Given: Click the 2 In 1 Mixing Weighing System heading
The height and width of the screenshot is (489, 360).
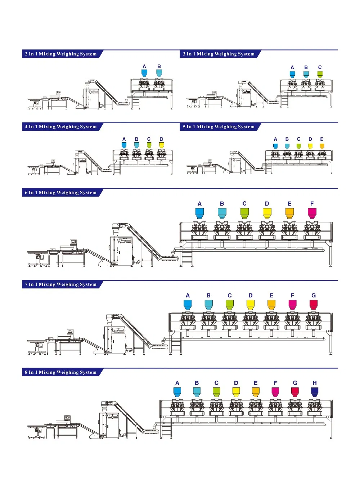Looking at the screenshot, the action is (x=61, y=54).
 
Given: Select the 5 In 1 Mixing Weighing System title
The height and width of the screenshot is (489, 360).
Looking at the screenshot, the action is (x=219, y=127).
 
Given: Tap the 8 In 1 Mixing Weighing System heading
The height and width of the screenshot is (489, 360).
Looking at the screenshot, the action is (x=61, y=372).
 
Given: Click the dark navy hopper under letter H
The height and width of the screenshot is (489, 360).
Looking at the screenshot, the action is (x=314, y=392).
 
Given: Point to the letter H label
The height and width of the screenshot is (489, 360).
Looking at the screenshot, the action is (x=315, y=383).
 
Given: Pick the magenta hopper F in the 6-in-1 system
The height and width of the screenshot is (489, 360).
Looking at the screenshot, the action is (x=312, y=213).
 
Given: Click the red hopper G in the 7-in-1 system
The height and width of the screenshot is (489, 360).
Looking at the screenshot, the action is (x=314, y=305).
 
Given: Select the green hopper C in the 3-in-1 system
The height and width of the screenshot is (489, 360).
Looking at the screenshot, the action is (x=320, y=75).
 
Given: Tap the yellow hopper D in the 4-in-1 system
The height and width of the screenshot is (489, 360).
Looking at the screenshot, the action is (x=161, y=145).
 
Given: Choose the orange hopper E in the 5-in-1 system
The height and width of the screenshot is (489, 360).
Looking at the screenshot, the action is (x=322, y=146).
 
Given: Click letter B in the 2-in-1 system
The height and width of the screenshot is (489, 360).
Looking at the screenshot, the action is (x=159, y=66).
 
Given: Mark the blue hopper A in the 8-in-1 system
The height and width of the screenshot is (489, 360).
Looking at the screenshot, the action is (x=177, y=392).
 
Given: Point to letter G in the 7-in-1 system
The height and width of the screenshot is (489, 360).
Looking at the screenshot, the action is (x=314, y=295).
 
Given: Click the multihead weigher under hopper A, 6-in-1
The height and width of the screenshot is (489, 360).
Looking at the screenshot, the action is (x=199, y=230).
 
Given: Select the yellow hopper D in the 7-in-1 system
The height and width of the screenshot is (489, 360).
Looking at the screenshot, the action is (x=251, y=305).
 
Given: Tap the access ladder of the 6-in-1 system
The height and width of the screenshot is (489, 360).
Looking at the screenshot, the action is (x=186, y=257).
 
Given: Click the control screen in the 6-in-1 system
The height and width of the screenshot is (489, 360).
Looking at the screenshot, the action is (x=73, y=242).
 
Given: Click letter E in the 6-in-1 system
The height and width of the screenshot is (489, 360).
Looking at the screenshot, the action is (x=289, y=204).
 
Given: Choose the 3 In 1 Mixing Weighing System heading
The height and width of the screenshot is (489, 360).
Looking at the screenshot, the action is (x=219, y=54).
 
